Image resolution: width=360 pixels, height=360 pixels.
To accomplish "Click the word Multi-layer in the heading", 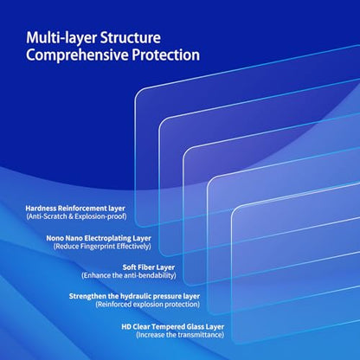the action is point(61,38).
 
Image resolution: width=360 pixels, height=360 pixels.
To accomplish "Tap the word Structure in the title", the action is point(131,37).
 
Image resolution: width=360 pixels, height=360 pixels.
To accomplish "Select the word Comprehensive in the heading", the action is point(77,55).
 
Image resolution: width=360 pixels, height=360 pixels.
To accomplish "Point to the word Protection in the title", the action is point(166,55).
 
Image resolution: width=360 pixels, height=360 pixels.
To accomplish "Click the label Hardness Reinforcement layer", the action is point(75,209).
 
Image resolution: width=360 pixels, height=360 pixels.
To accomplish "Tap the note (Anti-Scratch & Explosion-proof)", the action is point(76,216).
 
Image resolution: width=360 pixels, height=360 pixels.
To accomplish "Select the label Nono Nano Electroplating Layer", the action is point(99,238).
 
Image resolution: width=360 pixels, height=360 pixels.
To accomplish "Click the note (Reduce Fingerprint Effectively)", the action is point(102,247).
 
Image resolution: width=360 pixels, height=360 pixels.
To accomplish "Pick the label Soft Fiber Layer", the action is point(149,267).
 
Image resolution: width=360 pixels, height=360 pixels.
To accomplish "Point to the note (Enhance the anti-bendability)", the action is point(129,275).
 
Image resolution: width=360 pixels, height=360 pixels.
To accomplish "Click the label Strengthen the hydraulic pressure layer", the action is point(134,296).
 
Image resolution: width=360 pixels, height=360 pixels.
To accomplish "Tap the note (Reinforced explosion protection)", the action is point(148,305).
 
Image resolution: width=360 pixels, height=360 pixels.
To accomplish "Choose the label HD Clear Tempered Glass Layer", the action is point(173,327).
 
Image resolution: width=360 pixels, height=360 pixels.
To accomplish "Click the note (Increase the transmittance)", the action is point(180,335).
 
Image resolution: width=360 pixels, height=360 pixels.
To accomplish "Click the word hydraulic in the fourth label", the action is point(136,296).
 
